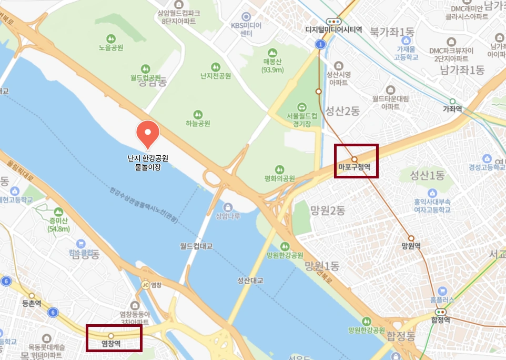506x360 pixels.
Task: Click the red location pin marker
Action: click(147, 133)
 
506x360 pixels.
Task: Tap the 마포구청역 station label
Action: click(355, 168)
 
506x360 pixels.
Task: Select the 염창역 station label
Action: click(111, 344)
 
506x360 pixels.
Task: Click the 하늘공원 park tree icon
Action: click(198, 114)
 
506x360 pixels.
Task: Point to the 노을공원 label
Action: click(110, 48)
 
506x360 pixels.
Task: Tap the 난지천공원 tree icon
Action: click(215, 67)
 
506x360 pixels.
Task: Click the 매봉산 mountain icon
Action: click(272, 53)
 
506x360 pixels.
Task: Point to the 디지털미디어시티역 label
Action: click(333, 30)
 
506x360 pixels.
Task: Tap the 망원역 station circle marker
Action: click(411, 238)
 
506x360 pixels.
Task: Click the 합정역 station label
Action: click(440, 319)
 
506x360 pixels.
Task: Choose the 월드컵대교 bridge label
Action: click(196, 245)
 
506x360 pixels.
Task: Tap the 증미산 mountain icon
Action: click(58, 212)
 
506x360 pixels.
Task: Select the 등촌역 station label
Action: click(32, 304)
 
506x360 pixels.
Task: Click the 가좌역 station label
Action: click(452, 109)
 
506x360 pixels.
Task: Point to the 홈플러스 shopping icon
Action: click(442, 291)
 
